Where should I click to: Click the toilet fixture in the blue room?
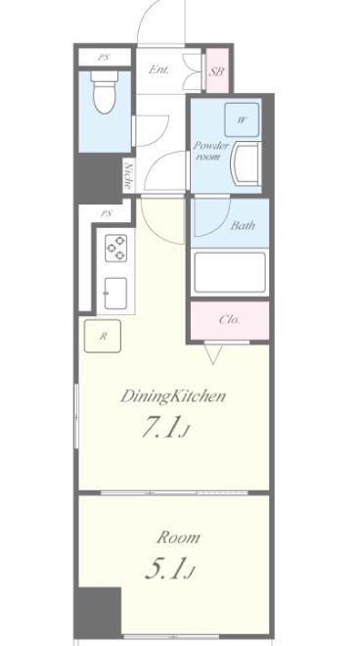(103, 96)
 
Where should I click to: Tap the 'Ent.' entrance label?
(157, 70)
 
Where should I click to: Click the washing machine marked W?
(242, 119)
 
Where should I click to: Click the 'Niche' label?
(128, 174)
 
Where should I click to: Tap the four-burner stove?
(115, 248)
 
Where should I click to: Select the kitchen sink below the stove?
(114, 292)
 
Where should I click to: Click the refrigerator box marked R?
(103, 336)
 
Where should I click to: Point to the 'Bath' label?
(243, 226)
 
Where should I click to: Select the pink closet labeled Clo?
(229, 319)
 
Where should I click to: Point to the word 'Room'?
(178, 537)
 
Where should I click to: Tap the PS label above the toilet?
(103, 58)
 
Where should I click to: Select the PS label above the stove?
(106, 213)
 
